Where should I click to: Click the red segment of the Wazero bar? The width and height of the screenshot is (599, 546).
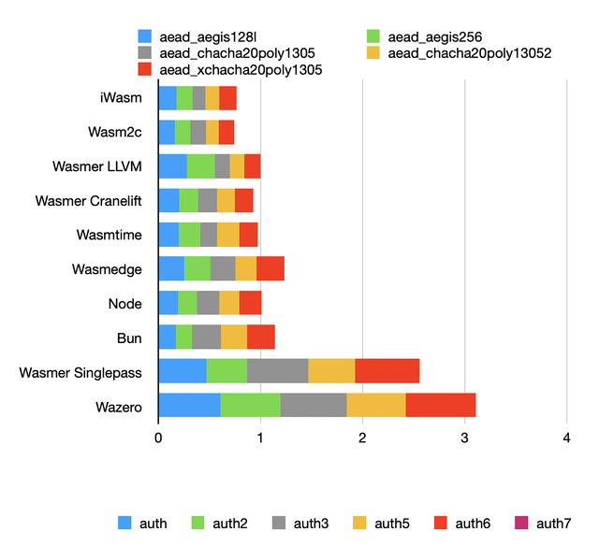pos(441,405)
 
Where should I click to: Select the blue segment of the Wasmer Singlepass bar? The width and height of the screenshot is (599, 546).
pos(183,371)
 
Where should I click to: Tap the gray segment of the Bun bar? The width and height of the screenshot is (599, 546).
pos(206,337)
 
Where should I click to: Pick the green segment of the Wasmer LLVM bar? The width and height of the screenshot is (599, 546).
pos(200,166)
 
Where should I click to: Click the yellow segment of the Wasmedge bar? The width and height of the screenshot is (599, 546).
pos(246,269)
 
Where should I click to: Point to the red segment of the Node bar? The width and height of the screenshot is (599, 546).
pos(251,303)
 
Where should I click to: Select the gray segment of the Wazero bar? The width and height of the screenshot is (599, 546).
pos(314,405)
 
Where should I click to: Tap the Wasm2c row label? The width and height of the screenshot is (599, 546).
pos(115,133)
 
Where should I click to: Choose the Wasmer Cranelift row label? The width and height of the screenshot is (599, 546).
pos(88,201)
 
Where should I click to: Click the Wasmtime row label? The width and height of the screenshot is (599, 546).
pos(109,236)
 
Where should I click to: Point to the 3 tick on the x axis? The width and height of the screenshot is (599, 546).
pos(464,437)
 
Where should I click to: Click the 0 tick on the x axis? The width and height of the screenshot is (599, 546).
pos(158,437)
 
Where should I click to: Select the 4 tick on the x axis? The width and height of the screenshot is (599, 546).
pos(566,437)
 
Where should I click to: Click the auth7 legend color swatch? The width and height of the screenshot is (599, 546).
pos(521,523)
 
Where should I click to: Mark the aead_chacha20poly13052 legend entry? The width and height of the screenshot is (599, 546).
pos(459,53)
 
